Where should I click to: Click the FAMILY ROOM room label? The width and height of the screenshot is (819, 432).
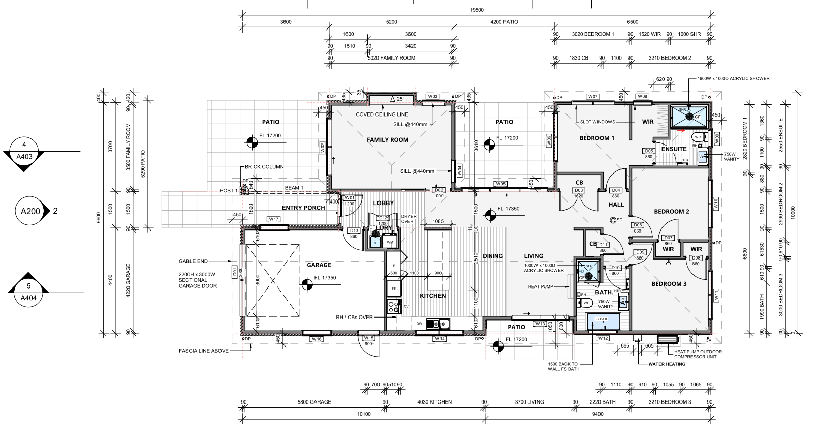[x=388, y=140]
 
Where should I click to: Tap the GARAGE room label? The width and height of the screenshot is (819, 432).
[x=319, y=265]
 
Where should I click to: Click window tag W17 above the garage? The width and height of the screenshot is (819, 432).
[x=274, y=220]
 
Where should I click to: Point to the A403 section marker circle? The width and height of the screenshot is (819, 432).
[x=24, y=151]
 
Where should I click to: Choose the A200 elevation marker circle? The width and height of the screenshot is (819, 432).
[x=30, y=211]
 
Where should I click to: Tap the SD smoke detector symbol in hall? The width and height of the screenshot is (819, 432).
[x=613, y=220]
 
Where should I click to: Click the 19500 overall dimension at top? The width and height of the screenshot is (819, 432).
[x=477, y=10]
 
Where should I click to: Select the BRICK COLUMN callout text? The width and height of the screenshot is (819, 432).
[x=264, y=167]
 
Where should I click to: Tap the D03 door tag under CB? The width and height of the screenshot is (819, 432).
[x=579, y=191]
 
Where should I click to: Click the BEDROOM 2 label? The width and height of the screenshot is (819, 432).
[x=671, y=212]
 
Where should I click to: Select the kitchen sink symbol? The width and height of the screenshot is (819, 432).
[x=436, y=323]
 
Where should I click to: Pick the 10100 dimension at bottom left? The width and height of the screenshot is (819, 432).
[x=364, y=414]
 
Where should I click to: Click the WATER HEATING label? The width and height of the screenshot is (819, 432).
[x=667, y=364]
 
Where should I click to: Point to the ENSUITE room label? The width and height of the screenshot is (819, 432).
[x=674, y=149]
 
